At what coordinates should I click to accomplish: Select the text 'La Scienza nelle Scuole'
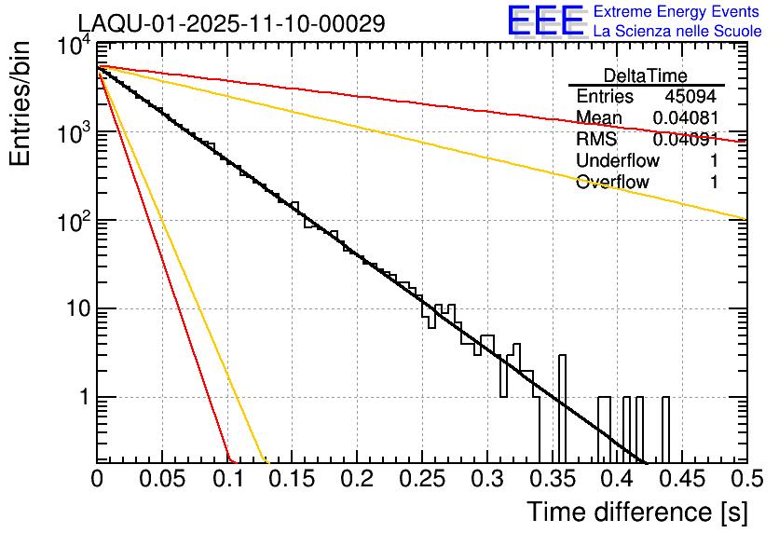click(677, 31)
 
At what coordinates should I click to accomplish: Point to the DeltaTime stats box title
click(646, 75)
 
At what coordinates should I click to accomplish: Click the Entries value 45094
click(691, 97)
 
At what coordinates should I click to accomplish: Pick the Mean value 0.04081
click(685, 118)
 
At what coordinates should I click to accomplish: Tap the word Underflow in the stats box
click(618, 160)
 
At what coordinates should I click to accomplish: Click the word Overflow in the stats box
click(612, 182)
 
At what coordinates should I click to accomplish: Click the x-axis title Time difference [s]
click(636, 512)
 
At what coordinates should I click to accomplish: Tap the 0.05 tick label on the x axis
click(162, 479)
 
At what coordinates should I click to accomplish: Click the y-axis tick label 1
click(82, 397)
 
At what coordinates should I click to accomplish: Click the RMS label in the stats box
click(595, 140)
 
